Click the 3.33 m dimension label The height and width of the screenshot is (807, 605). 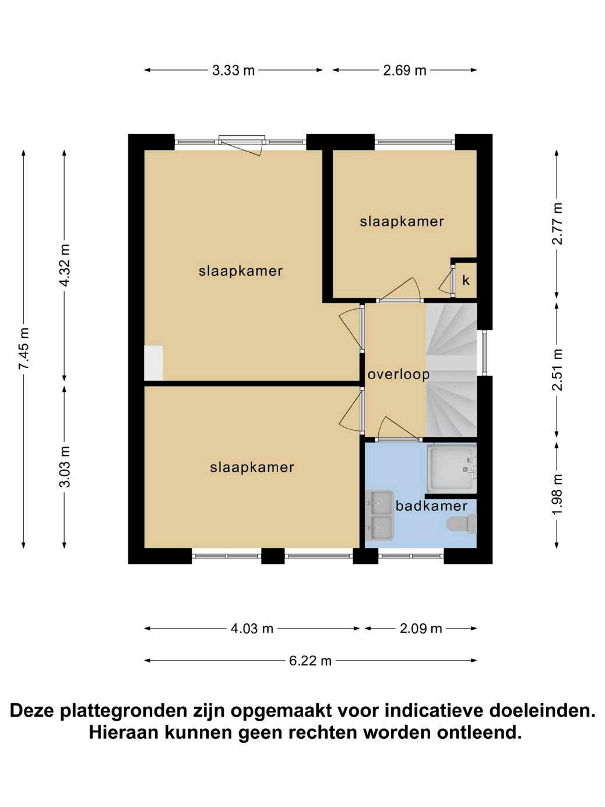233,70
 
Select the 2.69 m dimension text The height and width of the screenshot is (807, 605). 404,70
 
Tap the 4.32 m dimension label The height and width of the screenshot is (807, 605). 65,265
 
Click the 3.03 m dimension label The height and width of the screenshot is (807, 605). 65,466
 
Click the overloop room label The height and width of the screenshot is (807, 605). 399,375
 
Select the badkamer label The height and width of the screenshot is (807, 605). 431,506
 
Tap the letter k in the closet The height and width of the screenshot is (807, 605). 466,281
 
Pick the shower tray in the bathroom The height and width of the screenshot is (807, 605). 452,468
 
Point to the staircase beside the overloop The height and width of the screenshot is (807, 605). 451,370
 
